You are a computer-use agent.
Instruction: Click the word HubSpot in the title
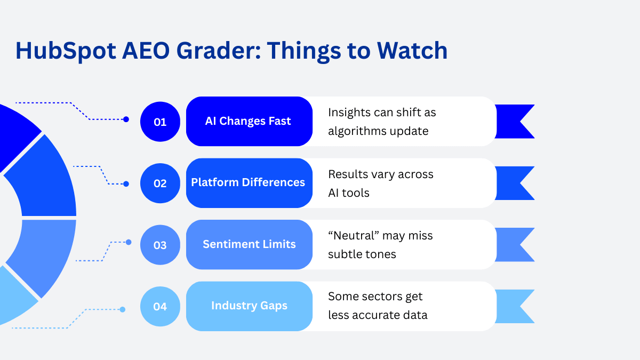click(x=66, y=51)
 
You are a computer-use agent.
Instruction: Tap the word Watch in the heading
click(x=412, y=51)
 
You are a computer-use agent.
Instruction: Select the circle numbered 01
click(x=160, y=122)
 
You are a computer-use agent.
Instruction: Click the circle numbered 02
click(x=160, y=183)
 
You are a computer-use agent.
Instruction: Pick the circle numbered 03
click(x=160, y=245)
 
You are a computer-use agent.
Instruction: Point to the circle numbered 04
click(x=160, y=307)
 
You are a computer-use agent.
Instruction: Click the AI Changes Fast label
click(x=248, y=121)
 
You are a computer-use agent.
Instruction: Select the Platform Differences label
click(x=248, y=182)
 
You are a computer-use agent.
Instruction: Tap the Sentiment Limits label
click(x=249, y=244)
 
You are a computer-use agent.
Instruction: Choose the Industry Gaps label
click(x=249, y=306)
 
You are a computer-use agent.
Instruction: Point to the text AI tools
click(x=349, y=193)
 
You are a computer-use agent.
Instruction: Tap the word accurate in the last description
click(x=376, y=315)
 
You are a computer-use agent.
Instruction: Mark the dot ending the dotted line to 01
click(x=126, y=119)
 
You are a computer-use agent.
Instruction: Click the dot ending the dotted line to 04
click(x=123, y=309)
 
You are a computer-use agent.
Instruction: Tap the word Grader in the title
click(x=219, y=51)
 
